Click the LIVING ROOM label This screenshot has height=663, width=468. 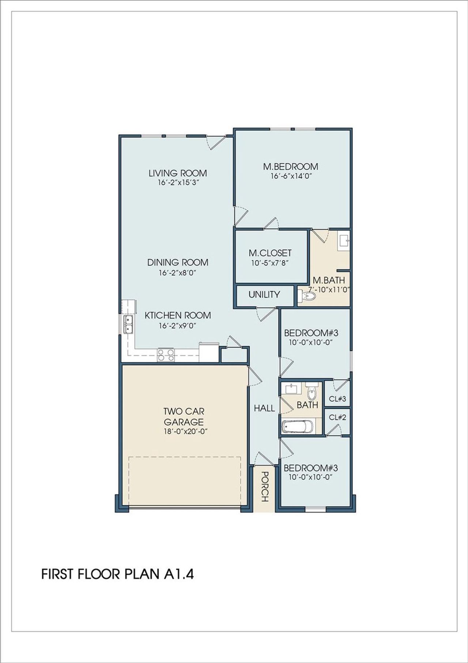point(178,173)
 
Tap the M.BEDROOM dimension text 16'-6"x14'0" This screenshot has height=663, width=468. point(291,176)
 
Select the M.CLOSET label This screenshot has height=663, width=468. point(270,253)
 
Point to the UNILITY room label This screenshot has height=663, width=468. point(264,295)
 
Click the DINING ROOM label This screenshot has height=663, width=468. point(178,262)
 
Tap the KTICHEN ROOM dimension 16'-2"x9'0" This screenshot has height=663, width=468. point(178,325)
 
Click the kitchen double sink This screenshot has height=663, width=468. point(128,324)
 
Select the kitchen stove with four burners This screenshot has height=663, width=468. point(166,355)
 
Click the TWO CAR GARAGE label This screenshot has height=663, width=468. point(184,417)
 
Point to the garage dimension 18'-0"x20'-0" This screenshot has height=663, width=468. point(186,431)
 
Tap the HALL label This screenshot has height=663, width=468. point(264,408)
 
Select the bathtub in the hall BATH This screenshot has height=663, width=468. point(297,427)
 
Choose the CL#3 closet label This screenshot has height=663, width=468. point(337,399)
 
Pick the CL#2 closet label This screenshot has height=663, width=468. point(337,417)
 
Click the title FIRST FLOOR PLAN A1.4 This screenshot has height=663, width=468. point(117,574)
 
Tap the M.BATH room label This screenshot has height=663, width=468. point(329,280)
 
